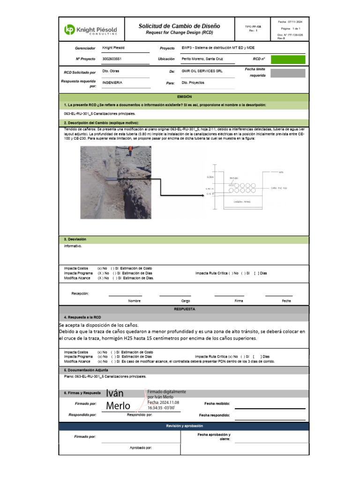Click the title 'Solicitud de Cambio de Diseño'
pos(179,26)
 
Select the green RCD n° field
pos(288,59)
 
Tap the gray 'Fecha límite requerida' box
pos(288,73)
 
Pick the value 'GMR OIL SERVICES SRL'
pos(202,71)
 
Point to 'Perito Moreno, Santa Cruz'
pos(202,59)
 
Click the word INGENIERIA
pos(112,82)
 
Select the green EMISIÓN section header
pos(184,96)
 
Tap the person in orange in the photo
pos(131,152)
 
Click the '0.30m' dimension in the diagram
pos(210,178)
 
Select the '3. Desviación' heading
pos(75,240)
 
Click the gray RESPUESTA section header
pos(184,309)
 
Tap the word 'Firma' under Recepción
pos(239,301)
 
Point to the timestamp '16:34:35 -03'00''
pos(161,408)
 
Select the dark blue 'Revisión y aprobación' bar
pos(184,426)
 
